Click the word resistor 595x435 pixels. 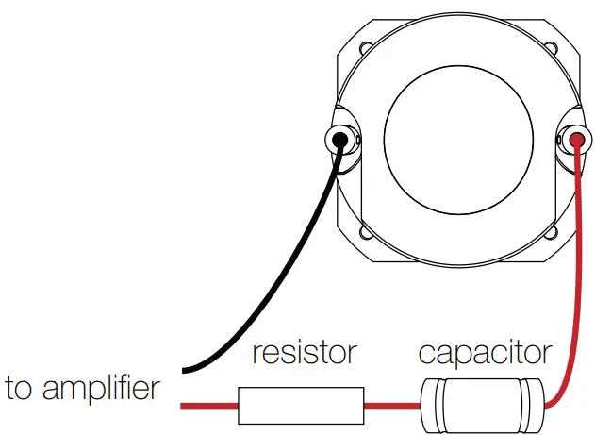click(x=304, y=354)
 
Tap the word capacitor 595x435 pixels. click(x=484, y=354)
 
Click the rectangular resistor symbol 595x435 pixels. click(x=301, y=406)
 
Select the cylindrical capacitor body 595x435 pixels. click(x=483, y=406)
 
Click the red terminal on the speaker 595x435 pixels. click(x=577, y=142)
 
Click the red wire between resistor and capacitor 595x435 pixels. click(x=392, y=406)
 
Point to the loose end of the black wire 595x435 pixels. click(x=183, y=369)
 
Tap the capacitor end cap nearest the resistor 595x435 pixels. click(x=429, y=406)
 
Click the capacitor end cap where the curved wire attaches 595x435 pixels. click(x=538, y=406)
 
